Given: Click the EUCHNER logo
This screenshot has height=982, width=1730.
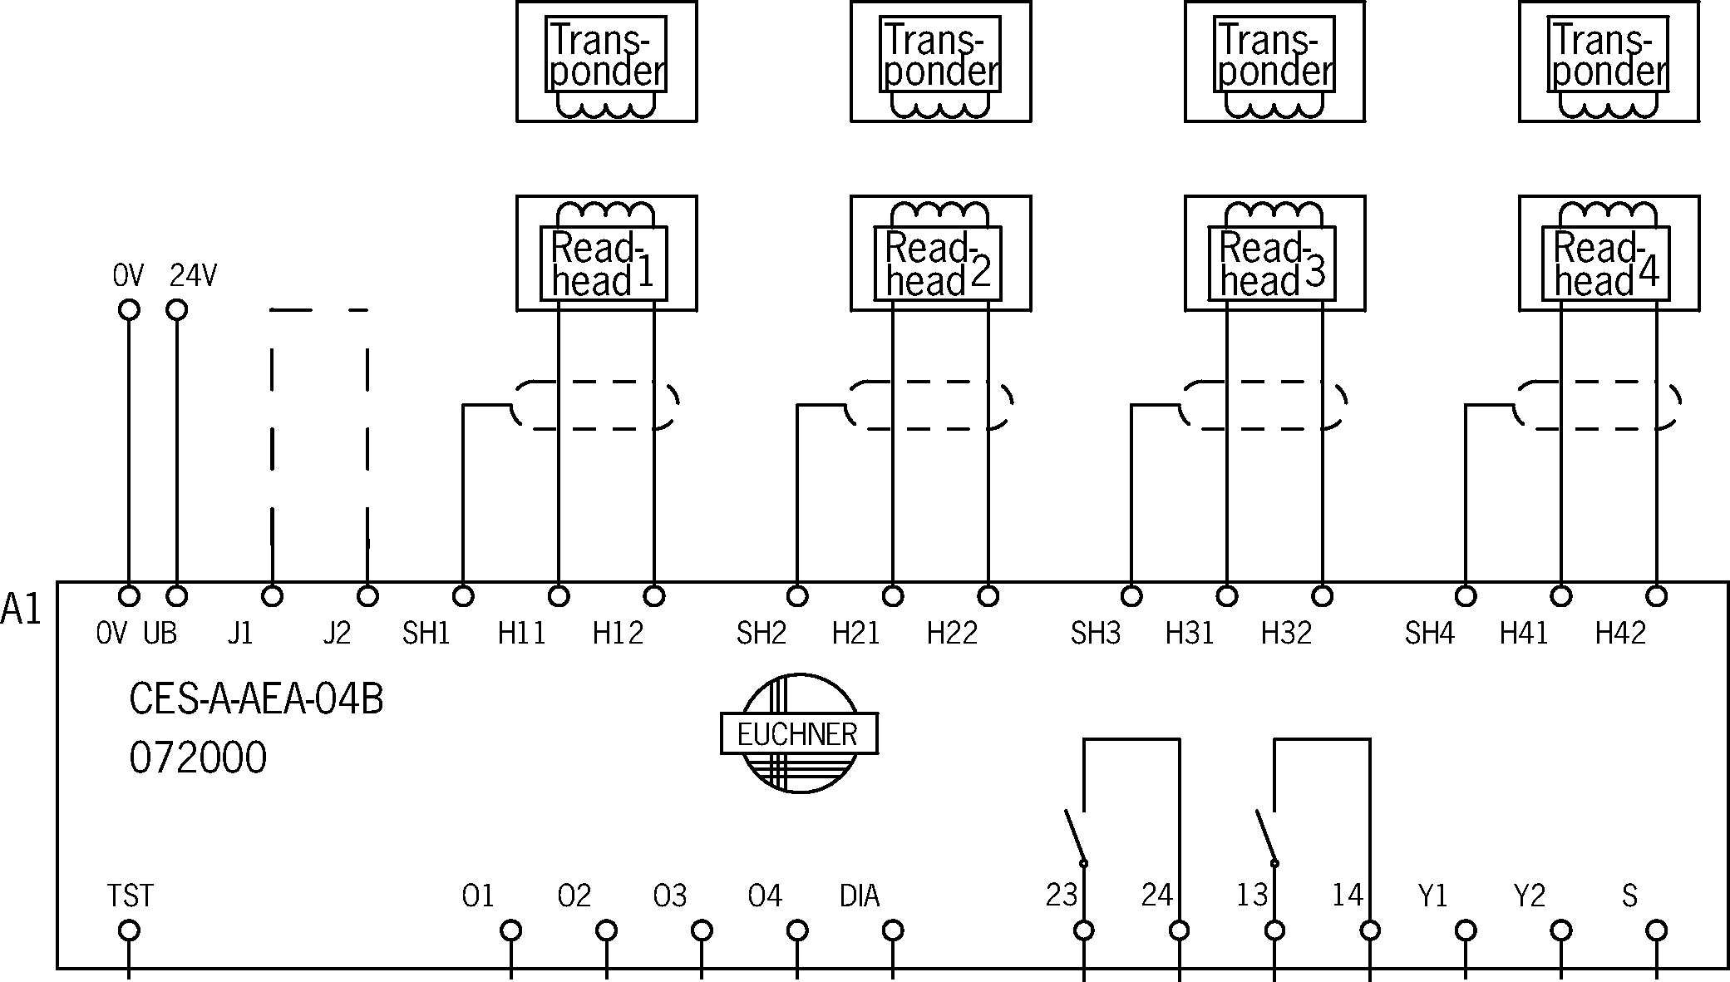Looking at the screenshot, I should [799, 733].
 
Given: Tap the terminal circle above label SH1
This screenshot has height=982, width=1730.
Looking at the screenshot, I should [463, 596].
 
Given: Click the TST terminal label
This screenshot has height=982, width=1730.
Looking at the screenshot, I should [130, 896].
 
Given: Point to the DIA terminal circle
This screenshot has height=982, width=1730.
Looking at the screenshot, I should [893, 930].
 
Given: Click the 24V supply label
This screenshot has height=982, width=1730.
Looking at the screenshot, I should [193, 276].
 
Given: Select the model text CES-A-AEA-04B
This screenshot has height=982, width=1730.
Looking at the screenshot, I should [256, 700].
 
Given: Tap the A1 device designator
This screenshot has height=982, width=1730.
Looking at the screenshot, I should [21, 609].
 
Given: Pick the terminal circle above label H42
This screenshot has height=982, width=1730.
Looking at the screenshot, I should [1657, 596].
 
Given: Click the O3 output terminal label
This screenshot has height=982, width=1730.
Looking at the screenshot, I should [670, 896].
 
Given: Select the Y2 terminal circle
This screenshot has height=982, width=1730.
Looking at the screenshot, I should [1561, 930].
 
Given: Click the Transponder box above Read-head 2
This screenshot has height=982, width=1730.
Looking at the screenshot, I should [940, 62].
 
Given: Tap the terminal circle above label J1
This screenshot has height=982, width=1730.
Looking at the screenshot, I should [272, 596].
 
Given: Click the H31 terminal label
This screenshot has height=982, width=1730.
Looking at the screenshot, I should [1190, 634].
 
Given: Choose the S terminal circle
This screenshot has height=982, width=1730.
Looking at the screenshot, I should [1657, 930].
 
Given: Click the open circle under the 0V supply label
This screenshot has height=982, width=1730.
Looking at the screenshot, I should [128, 310].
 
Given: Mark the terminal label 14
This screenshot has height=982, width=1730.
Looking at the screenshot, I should [1348, 896].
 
